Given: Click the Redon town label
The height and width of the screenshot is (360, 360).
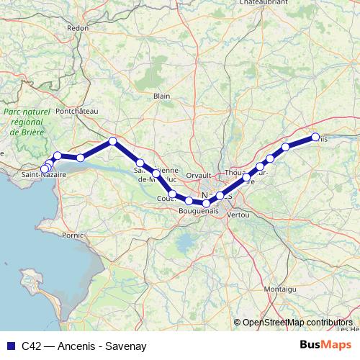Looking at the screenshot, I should pos(77,28).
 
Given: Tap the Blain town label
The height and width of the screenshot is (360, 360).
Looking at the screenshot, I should pos(162,95).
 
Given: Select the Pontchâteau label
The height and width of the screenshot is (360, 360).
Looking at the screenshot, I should pos(76,111).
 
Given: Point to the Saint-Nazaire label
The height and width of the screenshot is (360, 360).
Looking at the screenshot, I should pos(40,175).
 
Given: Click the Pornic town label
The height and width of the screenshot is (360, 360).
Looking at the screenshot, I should pos(74,235).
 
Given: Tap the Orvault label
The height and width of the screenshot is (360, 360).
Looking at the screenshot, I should pos(198,175).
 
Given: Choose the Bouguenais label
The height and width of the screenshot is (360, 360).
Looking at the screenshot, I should pos(198,211).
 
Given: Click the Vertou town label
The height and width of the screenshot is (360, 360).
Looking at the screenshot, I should pos(237,215).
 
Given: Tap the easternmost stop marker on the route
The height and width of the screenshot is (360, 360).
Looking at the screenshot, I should pos(315,137).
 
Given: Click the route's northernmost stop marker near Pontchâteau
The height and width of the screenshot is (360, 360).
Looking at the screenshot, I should pos(112,141).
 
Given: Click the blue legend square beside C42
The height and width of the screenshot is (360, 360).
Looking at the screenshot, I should pos(9,346).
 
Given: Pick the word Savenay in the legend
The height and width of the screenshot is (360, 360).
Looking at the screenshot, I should pos(126,346).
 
